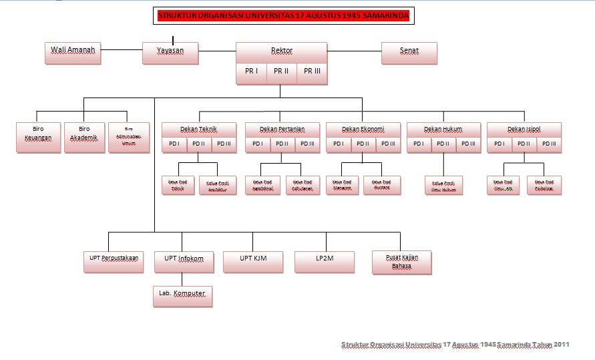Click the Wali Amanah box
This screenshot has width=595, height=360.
73,53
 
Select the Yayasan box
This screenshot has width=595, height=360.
170,53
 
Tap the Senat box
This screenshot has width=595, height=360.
409,53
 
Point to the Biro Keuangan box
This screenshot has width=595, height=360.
38,137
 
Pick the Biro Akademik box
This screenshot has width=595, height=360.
84,137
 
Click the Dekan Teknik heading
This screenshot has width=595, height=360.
199,129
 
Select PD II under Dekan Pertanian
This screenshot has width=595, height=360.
282,144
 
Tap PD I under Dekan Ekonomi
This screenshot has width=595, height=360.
339,144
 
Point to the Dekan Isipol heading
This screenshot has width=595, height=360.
524,129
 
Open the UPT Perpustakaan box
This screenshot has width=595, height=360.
114,261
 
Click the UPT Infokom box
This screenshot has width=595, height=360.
184,261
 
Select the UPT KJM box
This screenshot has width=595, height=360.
252,261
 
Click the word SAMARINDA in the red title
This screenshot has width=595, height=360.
378,16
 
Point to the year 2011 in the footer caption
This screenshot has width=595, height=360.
561,345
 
